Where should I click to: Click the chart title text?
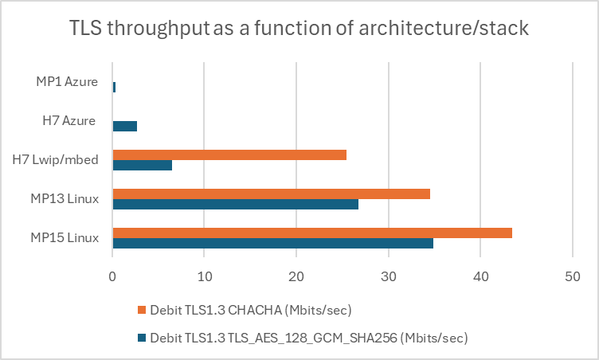pyautogui.click(x=299, y=30)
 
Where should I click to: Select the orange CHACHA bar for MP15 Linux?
pyautogui.click(x=312, y=233)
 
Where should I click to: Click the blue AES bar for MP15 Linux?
pyautogui.click(x=272, y=243)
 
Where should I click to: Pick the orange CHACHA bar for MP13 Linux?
pyautogui.click(x=271, y=194)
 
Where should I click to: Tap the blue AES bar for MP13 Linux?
pyautogui.click(x=235, y=204)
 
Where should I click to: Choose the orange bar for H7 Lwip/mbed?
pyautogui.click(x=229, y=155)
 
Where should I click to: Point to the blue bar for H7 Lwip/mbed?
pyautogui.click(x=142, y=165)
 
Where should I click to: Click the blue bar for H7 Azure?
pyautogui.click(x=125, y=126)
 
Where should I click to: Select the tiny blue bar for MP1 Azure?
pyautogui.click(x=114, y=87)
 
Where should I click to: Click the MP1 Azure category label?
pyautogui.click(x=68, y=81)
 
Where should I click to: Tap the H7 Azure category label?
pyautogui.click(x=69, y=120)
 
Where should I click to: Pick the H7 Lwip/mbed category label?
pyautogui.click(x=55, y=159)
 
